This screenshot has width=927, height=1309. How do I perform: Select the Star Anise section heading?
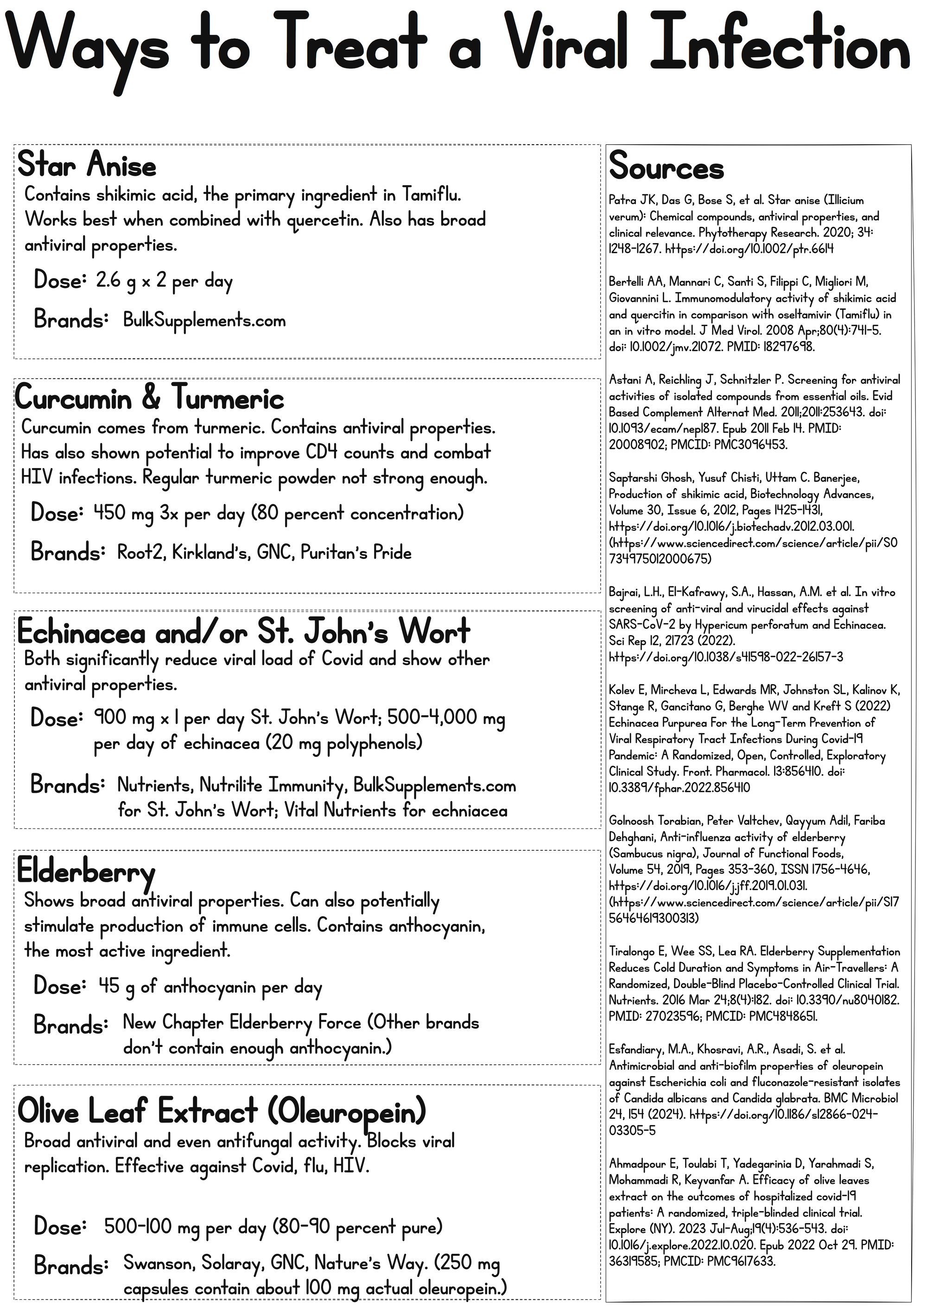click(87, 166)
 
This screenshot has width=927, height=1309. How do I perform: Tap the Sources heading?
click(666, 167)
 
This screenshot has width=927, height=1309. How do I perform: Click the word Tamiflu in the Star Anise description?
click(431, 195)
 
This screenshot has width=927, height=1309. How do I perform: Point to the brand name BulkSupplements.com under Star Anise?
click(204, 321)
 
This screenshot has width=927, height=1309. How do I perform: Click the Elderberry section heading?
click(86, 872)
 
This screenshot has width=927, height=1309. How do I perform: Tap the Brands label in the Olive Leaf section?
click(71, 1265)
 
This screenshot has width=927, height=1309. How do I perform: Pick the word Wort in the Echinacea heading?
click(434, 631)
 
